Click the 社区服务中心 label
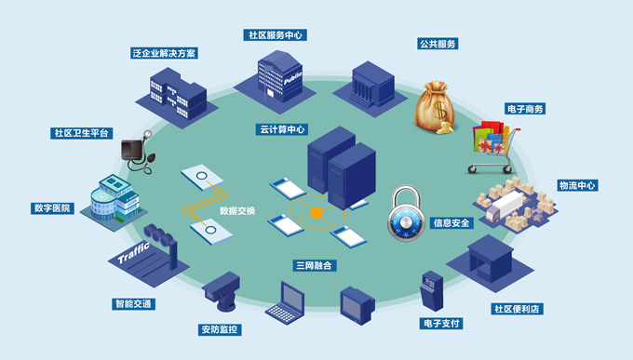point(275,35)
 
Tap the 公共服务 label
point(438,44)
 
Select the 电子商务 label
point(525,109)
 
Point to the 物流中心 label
point(577,185)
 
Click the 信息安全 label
point(451,222)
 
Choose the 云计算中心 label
point(282,129)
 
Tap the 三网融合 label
point(314,265)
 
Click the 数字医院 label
point(52,208)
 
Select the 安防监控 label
point(220,329)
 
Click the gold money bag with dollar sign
point(436,107)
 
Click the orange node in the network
point(316,213)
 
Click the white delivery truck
point(505,206)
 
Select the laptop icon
point(286,302)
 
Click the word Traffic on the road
point(134,253)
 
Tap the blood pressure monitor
point(138,153)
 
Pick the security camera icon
point(222,291)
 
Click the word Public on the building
point(292,78)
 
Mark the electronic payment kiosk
point(432,290)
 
